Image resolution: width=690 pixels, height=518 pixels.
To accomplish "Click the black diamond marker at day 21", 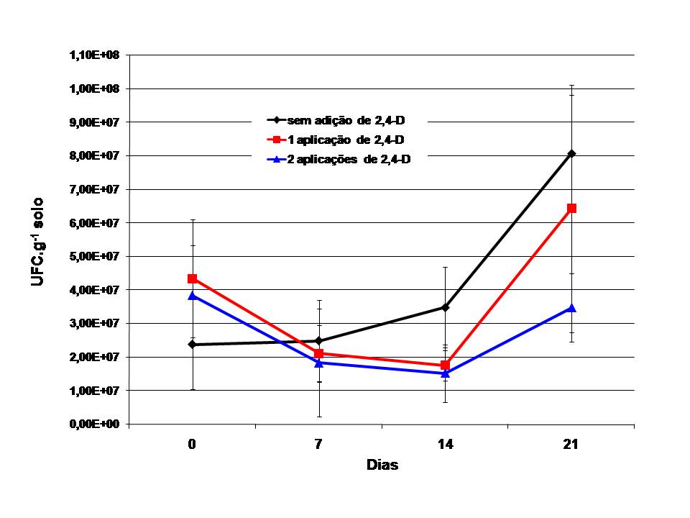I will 571,153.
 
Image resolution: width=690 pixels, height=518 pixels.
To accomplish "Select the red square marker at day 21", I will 571,208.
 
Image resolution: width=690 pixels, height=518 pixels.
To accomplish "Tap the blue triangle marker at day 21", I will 571,307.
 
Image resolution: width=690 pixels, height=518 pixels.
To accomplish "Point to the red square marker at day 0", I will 192,278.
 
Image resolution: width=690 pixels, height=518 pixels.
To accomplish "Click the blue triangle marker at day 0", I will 192,295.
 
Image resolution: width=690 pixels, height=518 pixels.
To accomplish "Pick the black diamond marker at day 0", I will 192,344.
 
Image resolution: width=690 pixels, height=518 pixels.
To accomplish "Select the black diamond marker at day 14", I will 445,307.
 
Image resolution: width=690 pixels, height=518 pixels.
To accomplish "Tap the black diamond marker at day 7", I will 318,341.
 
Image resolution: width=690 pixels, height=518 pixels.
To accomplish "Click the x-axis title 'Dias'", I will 382,465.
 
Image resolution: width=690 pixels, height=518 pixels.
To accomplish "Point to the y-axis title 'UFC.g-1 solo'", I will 38,242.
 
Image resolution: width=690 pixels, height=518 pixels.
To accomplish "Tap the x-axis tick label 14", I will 445,445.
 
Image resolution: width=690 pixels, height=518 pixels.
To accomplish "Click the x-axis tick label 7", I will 318,445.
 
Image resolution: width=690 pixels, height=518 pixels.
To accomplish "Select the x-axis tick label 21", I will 571,445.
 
